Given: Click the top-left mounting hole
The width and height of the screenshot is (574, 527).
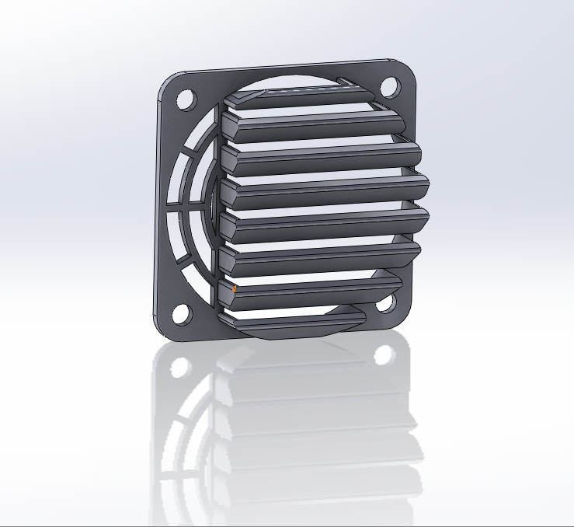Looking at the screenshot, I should tap(185, 99).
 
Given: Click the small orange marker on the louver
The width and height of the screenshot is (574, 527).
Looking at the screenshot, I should tap(234, 288).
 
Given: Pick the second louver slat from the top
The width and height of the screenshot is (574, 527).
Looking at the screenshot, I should tap(311, 125).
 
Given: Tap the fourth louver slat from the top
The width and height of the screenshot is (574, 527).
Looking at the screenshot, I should tap(326, 192).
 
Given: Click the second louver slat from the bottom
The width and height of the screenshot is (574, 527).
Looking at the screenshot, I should tap(311, 291).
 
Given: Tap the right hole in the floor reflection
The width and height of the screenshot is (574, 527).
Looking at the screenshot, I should tap(384, 355).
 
